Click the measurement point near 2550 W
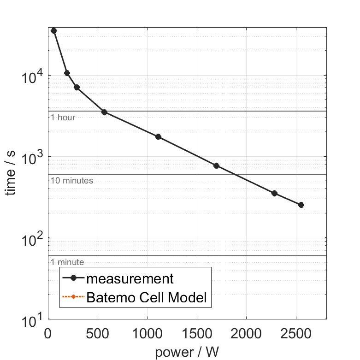tap(301, 205)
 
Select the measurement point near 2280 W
tap(274, 193)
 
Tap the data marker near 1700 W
tap(216, 165)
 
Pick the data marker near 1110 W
tap(158, 136)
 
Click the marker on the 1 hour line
tap(104, 112)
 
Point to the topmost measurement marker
tap(53, 30)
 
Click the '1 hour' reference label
tap(63, 118)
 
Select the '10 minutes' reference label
tap(72, 181)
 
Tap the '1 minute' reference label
tap(67, 262)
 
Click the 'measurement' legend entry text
tap(130, 279)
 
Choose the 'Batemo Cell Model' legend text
tap(147, 298)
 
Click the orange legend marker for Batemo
tap(74, 298)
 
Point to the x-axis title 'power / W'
tap(187, 352)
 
